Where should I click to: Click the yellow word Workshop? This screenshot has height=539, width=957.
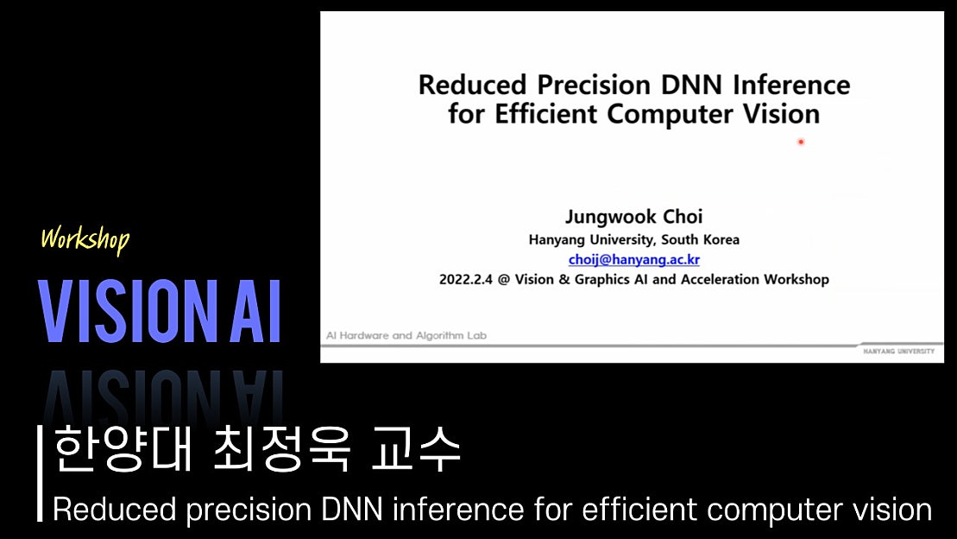85,238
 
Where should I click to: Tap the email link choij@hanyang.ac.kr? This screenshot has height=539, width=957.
633,259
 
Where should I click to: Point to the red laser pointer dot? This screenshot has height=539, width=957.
801,142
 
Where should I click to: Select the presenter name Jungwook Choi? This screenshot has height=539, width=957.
633,218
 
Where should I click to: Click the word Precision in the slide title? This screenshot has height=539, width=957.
593,85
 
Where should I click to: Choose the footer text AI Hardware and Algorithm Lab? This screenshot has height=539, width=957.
406,335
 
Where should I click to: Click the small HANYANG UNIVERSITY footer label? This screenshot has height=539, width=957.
898,352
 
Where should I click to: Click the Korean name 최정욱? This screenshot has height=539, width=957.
283,450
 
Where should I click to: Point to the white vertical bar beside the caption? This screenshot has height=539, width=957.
40,473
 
